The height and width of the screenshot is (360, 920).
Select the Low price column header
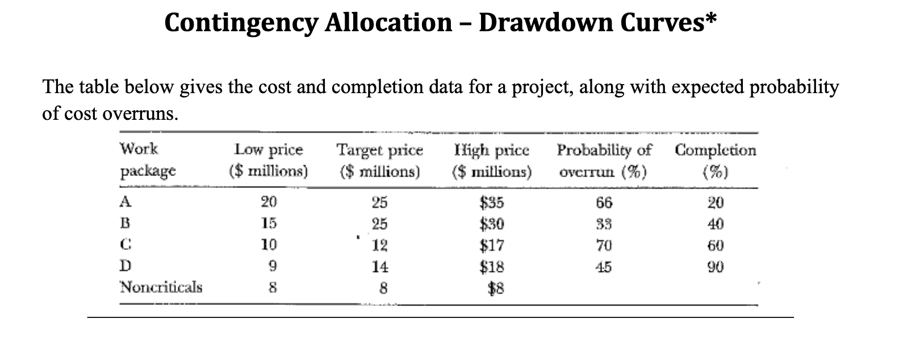click(x=269, y=160)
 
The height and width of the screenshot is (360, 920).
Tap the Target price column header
click(x=380, y=160)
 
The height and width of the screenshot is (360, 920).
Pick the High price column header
click(x=492, y=160)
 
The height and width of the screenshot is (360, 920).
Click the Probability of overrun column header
click(x=604, y=160)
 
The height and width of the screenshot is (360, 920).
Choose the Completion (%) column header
click(x=715, y=160)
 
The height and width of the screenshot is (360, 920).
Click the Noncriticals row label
click(x=161, y=287)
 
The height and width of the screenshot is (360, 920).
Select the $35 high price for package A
click(x=492, y=202)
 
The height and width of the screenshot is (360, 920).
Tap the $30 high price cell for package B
click(x=492, y=224)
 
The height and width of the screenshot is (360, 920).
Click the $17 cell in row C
click(x=492, y=245)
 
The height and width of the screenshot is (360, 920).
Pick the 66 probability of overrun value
click(x=604, y=202)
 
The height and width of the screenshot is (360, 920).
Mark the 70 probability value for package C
click(x=604, y=245)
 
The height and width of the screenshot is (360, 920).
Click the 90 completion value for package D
click(x=716, y=266)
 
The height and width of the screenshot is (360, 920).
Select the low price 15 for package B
click(x=269, y=224)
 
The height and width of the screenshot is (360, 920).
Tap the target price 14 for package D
click(x=380, y=266)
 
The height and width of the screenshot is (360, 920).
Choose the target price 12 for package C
click(x=380, y=245)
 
